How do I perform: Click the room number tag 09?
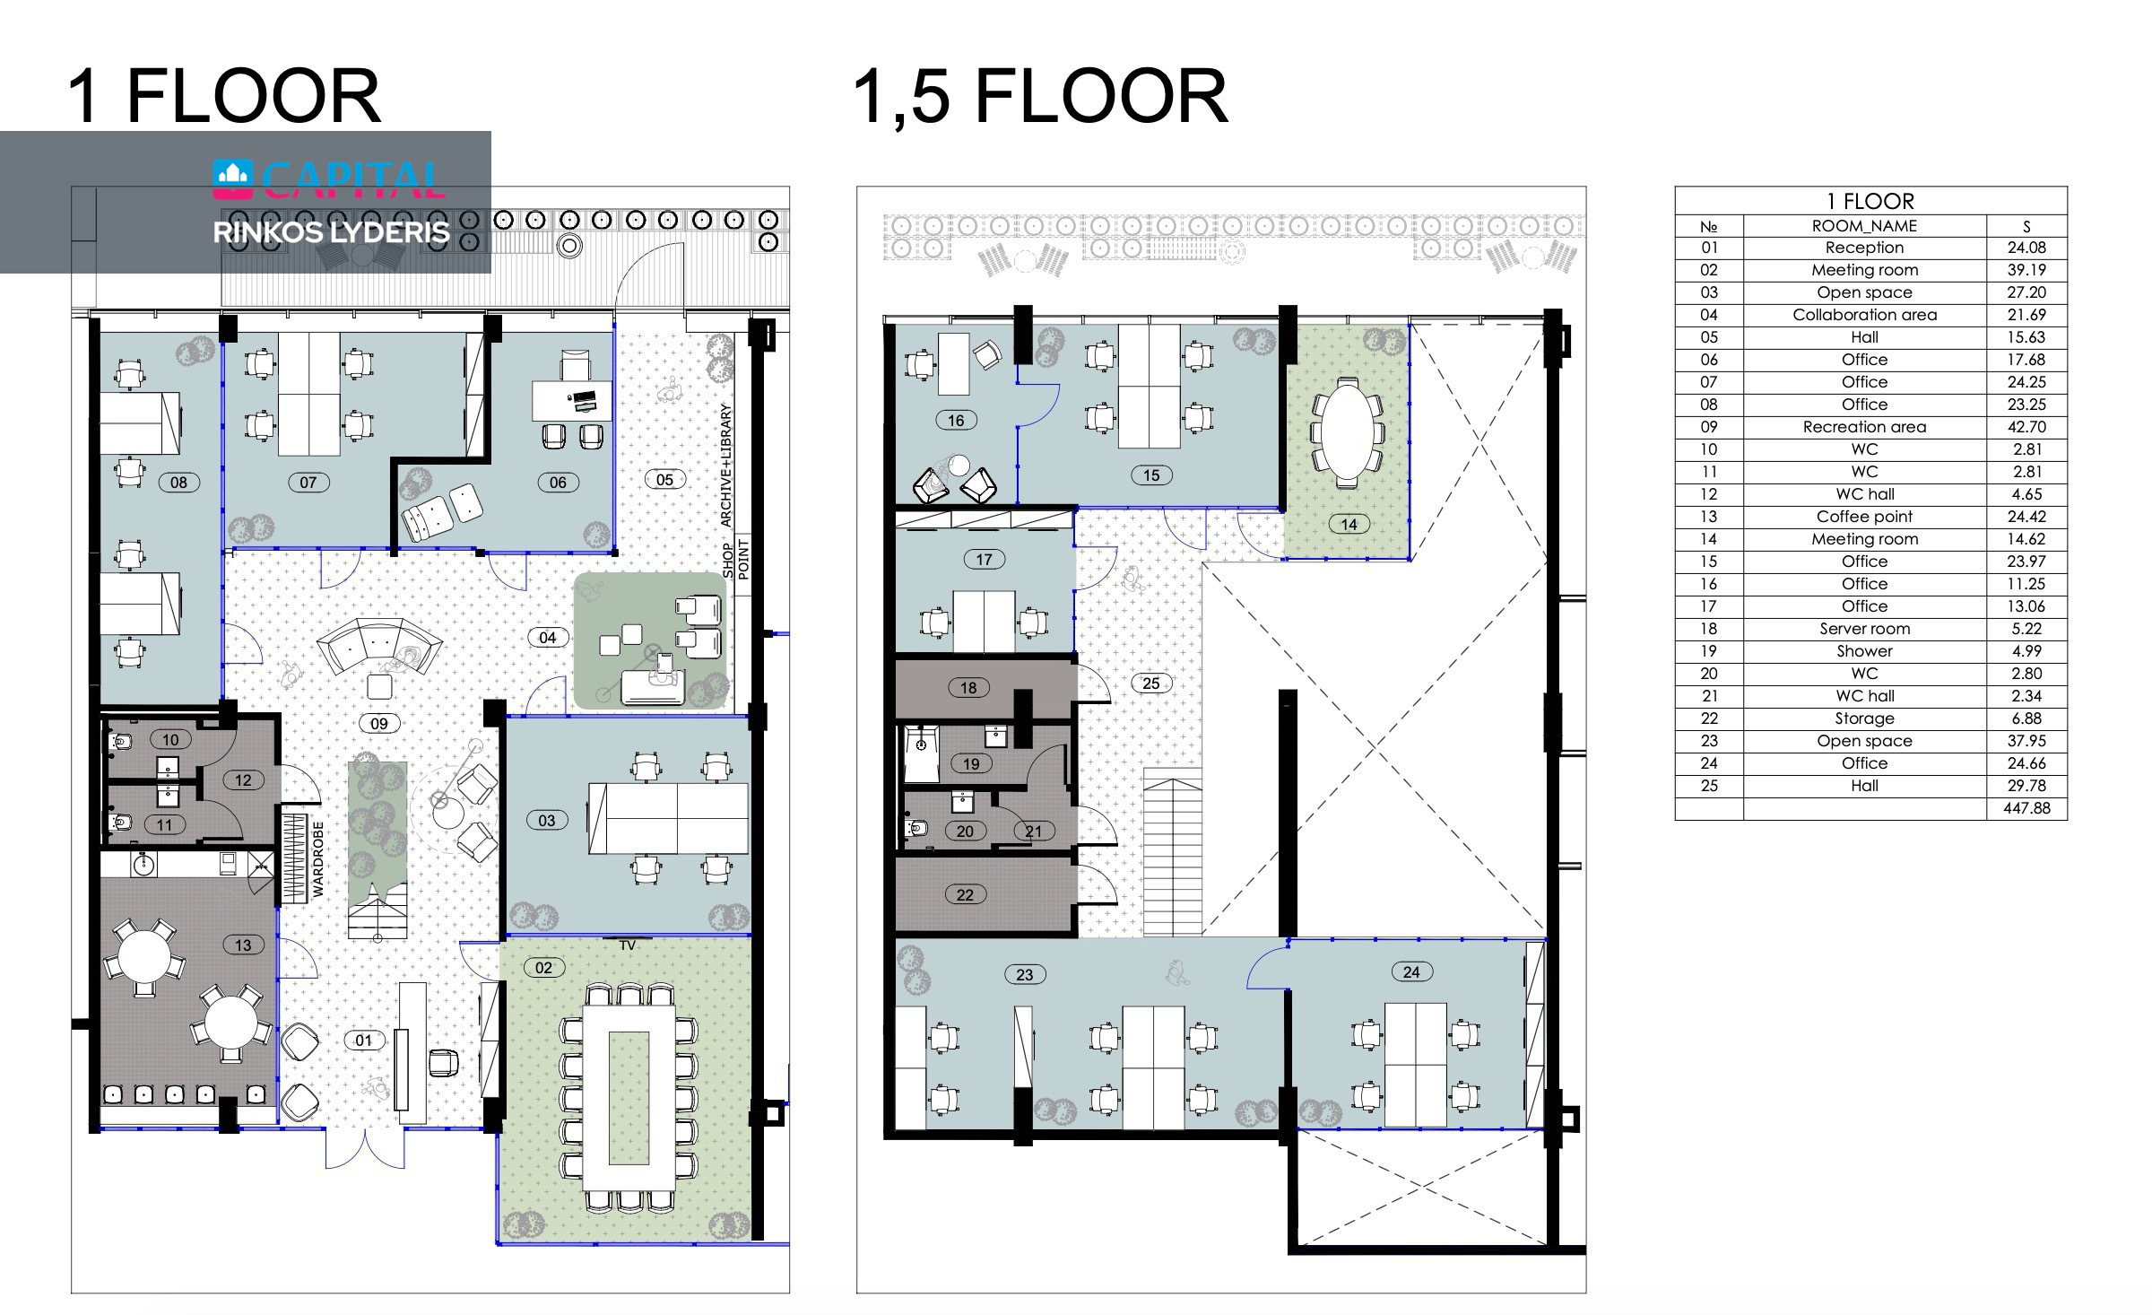click(379, 724)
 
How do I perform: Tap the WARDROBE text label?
click(318, 858)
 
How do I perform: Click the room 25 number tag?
click(1150, 684)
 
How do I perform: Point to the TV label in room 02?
click(627, 945)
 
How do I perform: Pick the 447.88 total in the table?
click(2026, 808)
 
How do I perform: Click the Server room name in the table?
click(1864, 629)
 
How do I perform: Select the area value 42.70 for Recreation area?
click(2026, 427)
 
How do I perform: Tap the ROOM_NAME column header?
click(1864, 226)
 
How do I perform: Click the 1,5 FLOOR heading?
click(1040, 96)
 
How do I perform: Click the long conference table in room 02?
click(628, 1098)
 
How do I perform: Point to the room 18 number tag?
click(968, 688)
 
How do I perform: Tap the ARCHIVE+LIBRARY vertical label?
click(725, 465)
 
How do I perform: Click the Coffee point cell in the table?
click(1864, 517)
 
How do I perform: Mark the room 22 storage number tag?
click(965, 894)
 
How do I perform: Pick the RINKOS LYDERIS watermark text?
click(331, 232)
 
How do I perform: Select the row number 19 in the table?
click(1709, 651)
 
